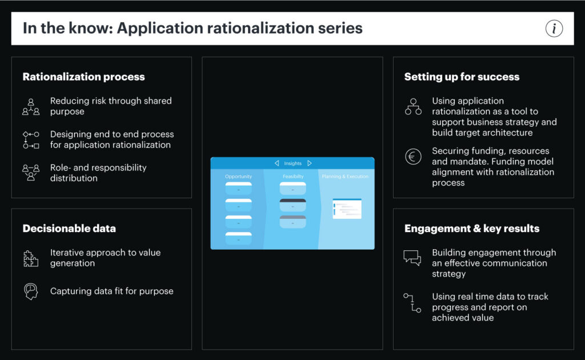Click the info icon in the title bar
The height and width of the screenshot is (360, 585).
[554, 28]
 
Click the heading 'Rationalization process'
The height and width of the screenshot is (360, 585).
[83, 77]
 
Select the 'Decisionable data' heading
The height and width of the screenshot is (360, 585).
[69, 229]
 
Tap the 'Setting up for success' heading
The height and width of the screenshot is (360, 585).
[462, 77]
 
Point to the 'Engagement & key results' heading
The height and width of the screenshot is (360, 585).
[471, 229]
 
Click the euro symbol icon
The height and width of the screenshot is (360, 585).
[412, 157]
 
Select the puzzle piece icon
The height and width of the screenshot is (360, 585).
[31, 258]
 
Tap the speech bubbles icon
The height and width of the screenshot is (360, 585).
[412, 258]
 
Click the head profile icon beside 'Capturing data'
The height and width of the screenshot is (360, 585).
[31, 291]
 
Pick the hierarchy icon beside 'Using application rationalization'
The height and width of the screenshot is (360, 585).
[412, 107]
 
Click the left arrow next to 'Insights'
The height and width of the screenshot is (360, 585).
[277, 163]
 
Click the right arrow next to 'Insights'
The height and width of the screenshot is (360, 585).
[310, 163]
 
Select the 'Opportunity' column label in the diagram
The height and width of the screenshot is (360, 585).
[238, 177]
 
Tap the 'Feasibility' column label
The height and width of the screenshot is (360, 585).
[292, 177]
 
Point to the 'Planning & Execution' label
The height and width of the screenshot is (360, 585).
[345, 177]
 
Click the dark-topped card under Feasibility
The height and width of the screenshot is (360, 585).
[292, 205]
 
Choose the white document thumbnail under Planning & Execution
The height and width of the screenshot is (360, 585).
[347, 209]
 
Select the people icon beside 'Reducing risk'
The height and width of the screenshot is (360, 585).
[31, 107]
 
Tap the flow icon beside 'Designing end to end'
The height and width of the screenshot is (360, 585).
[31, 140]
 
